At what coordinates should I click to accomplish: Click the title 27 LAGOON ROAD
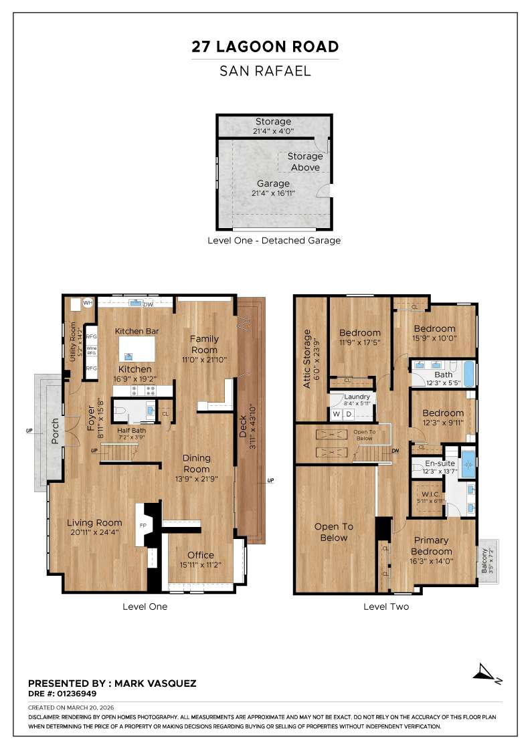point(265,47)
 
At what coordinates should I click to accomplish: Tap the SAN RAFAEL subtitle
point(265,70)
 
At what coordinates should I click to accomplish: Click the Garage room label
point(274,183)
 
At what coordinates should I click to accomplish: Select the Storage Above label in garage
point(305,162)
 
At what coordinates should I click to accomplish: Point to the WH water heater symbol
point(87,303)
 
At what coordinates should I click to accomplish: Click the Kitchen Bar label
point(137,331)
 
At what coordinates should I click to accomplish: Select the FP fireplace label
point(143,526)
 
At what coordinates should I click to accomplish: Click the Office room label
point(200,555)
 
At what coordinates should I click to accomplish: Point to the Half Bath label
point(132,430)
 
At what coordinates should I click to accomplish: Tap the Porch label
point(56,432)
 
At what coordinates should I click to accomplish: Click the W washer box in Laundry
point(337,414)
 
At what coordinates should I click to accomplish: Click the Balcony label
point(485,560)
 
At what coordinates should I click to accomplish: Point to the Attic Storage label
point(308,358)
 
